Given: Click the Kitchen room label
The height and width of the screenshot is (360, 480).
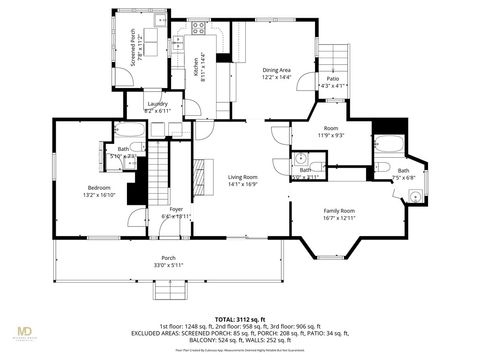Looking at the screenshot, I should pos(196,66).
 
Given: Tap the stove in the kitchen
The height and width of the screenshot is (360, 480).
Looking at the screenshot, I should pos(198,28).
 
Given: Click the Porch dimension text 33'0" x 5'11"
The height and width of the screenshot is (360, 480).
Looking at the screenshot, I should pos(168,265).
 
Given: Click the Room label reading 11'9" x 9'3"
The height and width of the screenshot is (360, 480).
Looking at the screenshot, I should pos(330,131).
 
